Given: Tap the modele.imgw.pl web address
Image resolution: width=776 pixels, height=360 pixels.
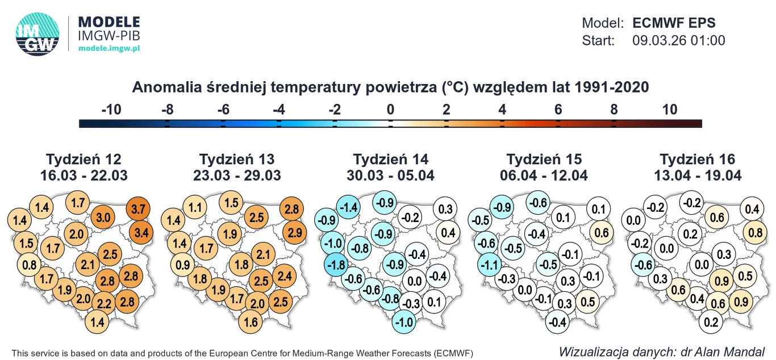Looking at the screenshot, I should point(109,49).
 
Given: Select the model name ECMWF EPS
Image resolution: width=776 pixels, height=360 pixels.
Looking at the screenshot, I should point(674,23).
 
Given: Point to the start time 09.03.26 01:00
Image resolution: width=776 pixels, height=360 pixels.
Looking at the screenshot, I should point(678,41).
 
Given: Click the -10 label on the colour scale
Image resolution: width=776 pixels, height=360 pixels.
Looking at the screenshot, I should point(111,110).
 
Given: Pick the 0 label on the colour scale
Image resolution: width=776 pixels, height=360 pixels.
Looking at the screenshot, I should point(390,110).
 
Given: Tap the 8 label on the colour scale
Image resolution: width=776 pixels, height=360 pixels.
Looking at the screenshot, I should point(614,110).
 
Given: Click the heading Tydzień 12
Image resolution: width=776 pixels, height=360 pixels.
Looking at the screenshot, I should point(84,159).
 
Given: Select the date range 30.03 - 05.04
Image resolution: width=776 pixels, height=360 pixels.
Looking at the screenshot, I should point(390,175).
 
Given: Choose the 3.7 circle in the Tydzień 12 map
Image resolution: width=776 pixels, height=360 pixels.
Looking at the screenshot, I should point(137,209).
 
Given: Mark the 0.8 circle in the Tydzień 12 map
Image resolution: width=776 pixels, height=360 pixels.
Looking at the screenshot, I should point(29,264).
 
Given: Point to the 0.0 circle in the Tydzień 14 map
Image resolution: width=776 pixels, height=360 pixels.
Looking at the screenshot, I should point(415,281).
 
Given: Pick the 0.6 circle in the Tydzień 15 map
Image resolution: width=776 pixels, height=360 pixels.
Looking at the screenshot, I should point(602,232).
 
